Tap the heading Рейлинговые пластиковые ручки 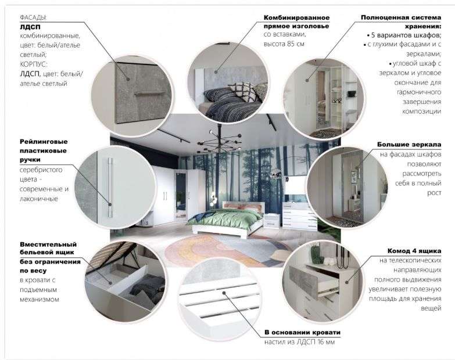44,150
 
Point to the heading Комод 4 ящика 413,251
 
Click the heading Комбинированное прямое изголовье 296,22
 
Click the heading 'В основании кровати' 302,332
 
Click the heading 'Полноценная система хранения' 400,21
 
